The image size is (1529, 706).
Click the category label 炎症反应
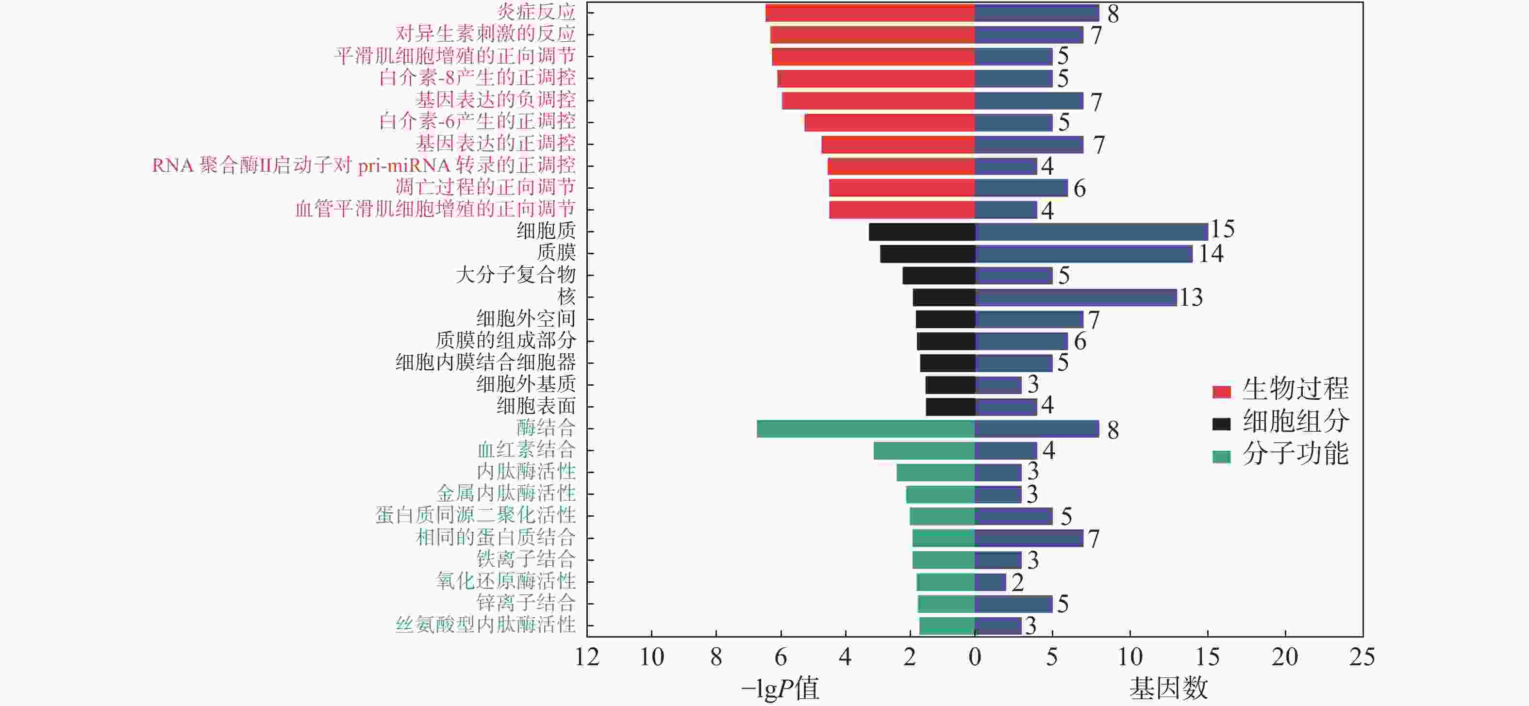(536, 12)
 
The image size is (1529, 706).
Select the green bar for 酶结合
(865, 428)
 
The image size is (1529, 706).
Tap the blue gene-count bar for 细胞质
(1091, 231)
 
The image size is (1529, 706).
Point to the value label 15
(1223, 229)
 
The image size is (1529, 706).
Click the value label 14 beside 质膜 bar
(1211, 254)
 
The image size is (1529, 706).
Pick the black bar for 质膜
(928, 254)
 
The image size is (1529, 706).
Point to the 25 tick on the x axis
(1362, 657)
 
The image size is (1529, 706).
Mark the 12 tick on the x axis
(587, 657)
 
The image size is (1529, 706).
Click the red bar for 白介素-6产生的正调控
(889, 122)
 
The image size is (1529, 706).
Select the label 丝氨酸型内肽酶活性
(485, 624)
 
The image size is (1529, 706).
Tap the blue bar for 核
(1076, 297)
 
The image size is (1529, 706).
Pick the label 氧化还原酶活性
(506, 581)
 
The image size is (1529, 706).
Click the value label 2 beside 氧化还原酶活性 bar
(1017, 583)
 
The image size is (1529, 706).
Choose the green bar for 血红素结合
(924, 450)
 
